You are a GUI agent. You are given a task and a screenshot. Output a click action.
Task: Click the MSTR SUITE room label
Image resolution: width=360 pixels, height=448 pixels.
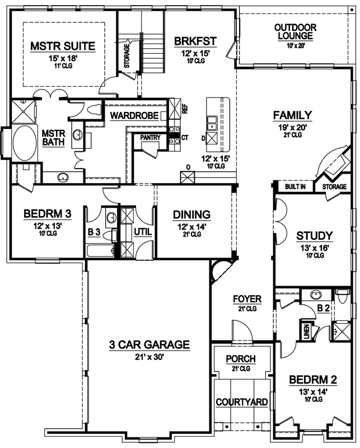[x=63, y=45]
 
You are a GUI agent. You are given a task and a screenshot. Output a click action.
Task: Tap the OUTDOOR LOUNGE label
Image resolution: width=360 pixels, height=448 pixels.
[x=296, y=31]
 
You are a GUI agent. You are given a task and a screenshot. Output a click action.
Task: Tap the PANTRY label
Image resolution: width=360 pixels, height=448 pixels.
[x=151, y=137]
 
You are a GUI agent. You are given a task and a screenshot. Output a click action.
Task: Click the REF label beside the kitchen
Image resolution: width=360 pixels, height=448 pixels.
[x=184, y=106]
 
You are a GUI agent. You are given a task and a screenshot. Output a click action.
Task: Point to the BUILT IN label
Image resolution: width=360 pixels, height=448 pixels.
[x=294, y=186]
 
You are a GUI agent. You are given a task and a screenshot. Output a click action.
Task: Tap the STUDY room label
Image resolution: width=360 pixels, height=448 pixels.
[x=314, y=235]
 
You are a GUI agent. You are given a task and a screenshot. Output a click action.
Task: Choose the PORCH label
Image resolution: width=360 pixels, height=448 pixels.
[x=241, y=358]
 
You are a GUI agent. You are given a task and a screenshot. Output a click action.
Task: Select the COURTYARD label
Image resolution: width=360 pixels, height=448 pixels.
[x=241, y=402]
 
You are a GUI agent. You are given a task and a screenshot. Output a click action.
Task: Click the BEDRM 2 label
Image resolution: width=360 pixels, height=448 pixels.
[x=313, y=381]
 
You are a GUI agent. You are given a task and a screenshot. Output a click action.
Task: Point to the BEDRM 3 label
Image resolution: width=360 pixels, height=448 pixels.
[x=47, y=214]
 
